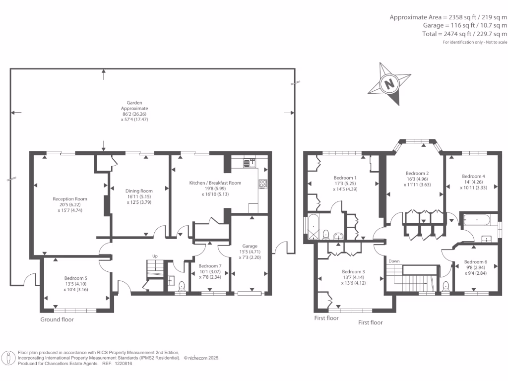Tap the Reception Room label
coord(70,199)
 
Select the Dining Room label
coord(139,191)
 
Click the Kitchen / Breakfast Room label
coord(215,183)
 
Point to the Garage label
coord(249,246)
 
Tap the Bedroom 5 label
coord(75,278)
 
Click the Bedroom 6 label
coord(476,261)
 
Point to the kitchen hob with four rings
coord(263,184)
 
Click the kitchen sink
coord(250,163)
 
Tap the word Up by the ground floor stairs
coord(155,256)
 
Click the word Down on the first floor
coord(394,261)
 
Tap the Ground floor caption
coord(57,319)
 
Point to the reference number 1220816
coord(124,363)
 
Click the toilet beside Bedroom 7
coord(182,285)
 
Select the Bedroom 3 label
coord(353,271)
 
